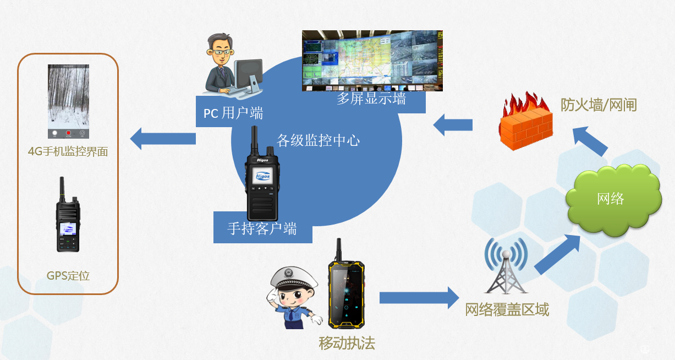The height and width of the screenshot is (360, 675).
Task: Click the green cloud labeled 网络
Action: (613, 200)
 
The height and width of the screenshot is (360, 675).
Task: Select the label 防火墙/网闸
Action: (599, 105)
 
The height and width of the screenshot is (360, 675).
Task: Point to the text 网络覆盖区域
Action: (507, 310)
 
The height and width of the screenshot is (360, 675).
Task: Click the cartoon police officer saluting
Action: (293, 298)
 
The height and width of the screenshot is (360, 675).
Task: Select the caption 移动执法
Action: (347, 343)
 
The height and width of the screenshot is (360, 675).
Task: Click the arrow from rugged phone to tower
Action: (419, 298)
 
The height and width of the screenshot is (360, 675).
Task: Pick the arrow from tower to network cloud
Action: (557, 254)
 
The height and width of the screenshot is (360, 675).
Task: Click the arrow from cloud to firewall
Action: (590, 141)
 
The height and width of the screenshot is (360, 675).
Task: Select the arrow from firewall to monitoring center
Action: (453, 125)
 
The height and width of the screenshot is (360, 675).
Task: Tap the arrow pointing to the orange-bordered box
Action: (163, 139)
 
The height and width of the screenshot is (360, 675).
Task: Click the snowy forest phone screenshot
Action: (68, 101)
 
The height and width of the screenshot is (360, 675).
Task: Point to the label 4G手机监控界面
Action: (68, 151)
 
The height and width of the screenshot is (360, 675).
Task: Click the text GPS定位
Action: (68, 276)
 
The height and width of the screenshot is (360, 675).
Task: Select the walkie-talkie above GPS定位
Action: (68, 215)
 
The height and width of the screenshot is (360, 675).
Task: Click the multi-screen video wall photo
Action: (372, 61)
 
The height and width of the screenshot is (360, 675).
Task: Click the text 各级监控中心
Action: (318, 140)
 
